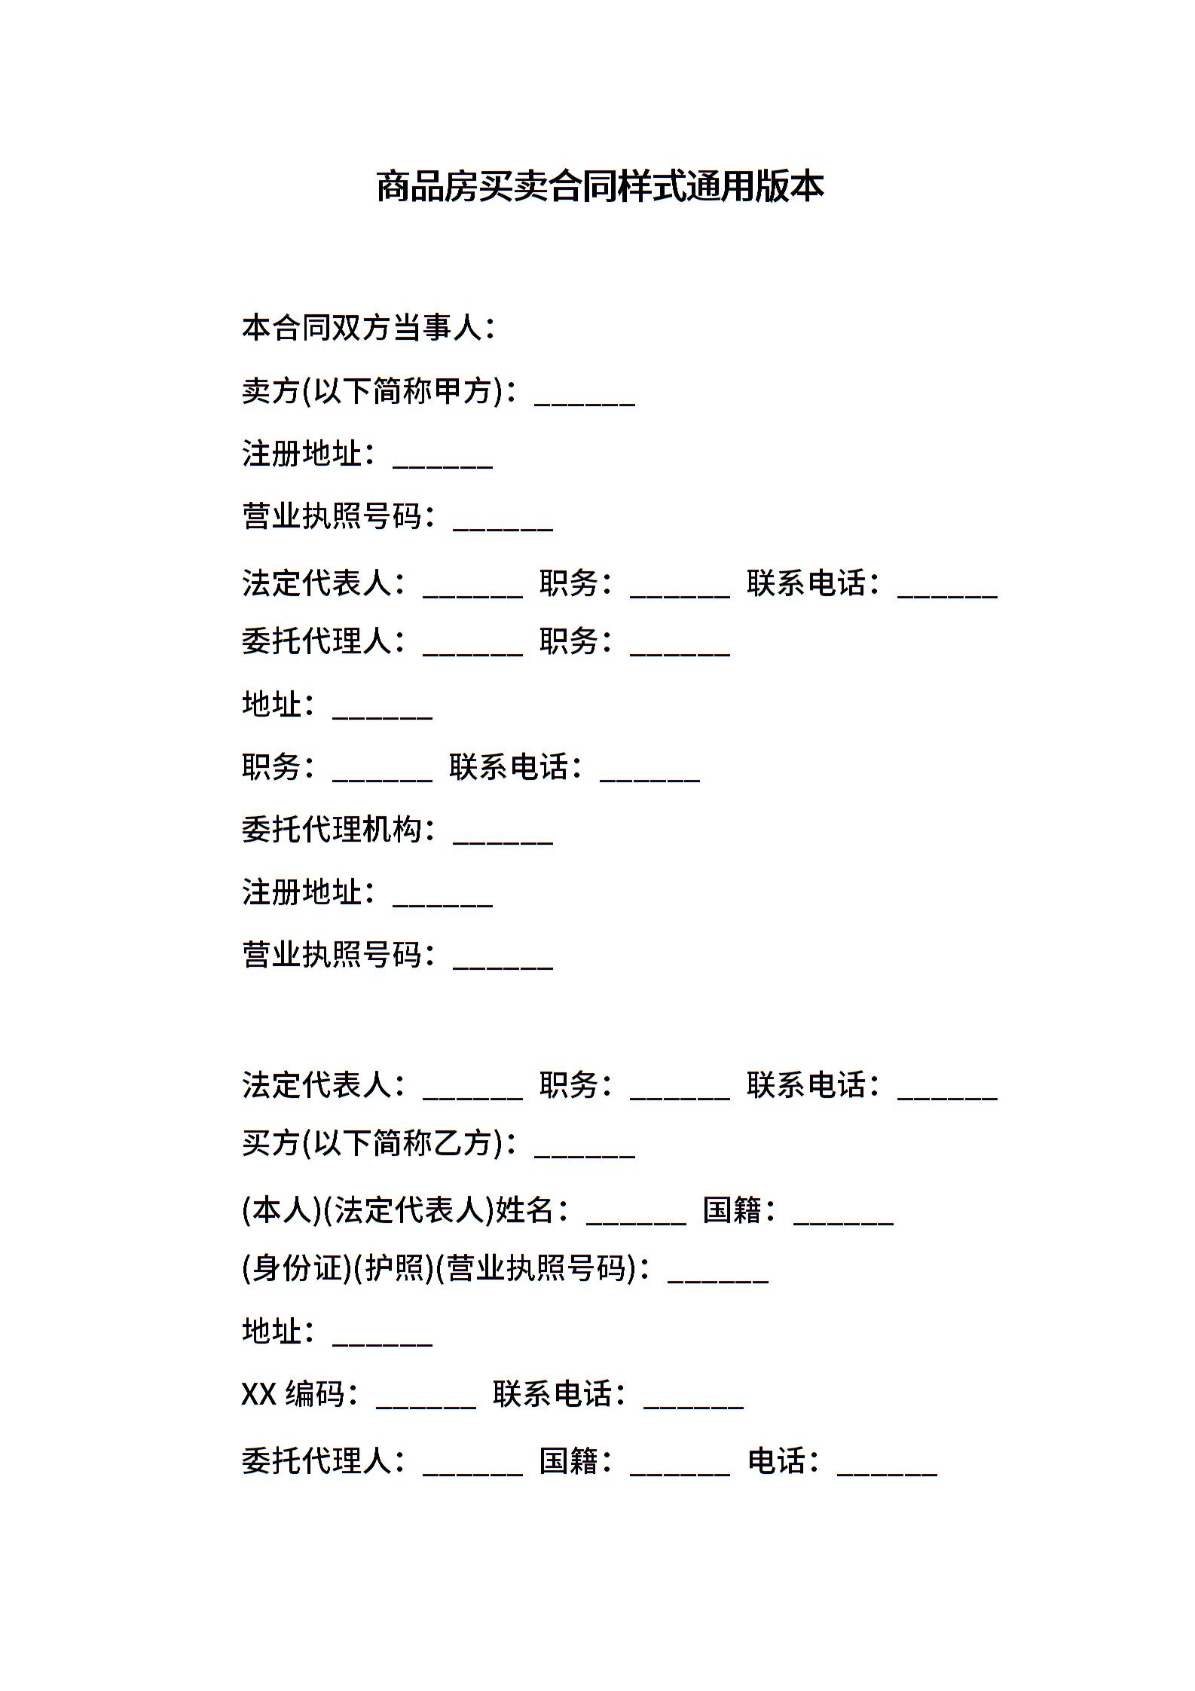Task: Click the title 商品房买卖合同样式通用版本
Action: pos(600,186)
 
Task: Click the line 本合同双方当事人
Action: pos(368,328)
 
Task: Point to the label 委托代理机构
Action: pos(331,830)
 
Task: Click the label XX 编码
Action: pos(292,1394)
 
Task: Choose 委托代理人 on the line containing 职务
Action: pos(316,641)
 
